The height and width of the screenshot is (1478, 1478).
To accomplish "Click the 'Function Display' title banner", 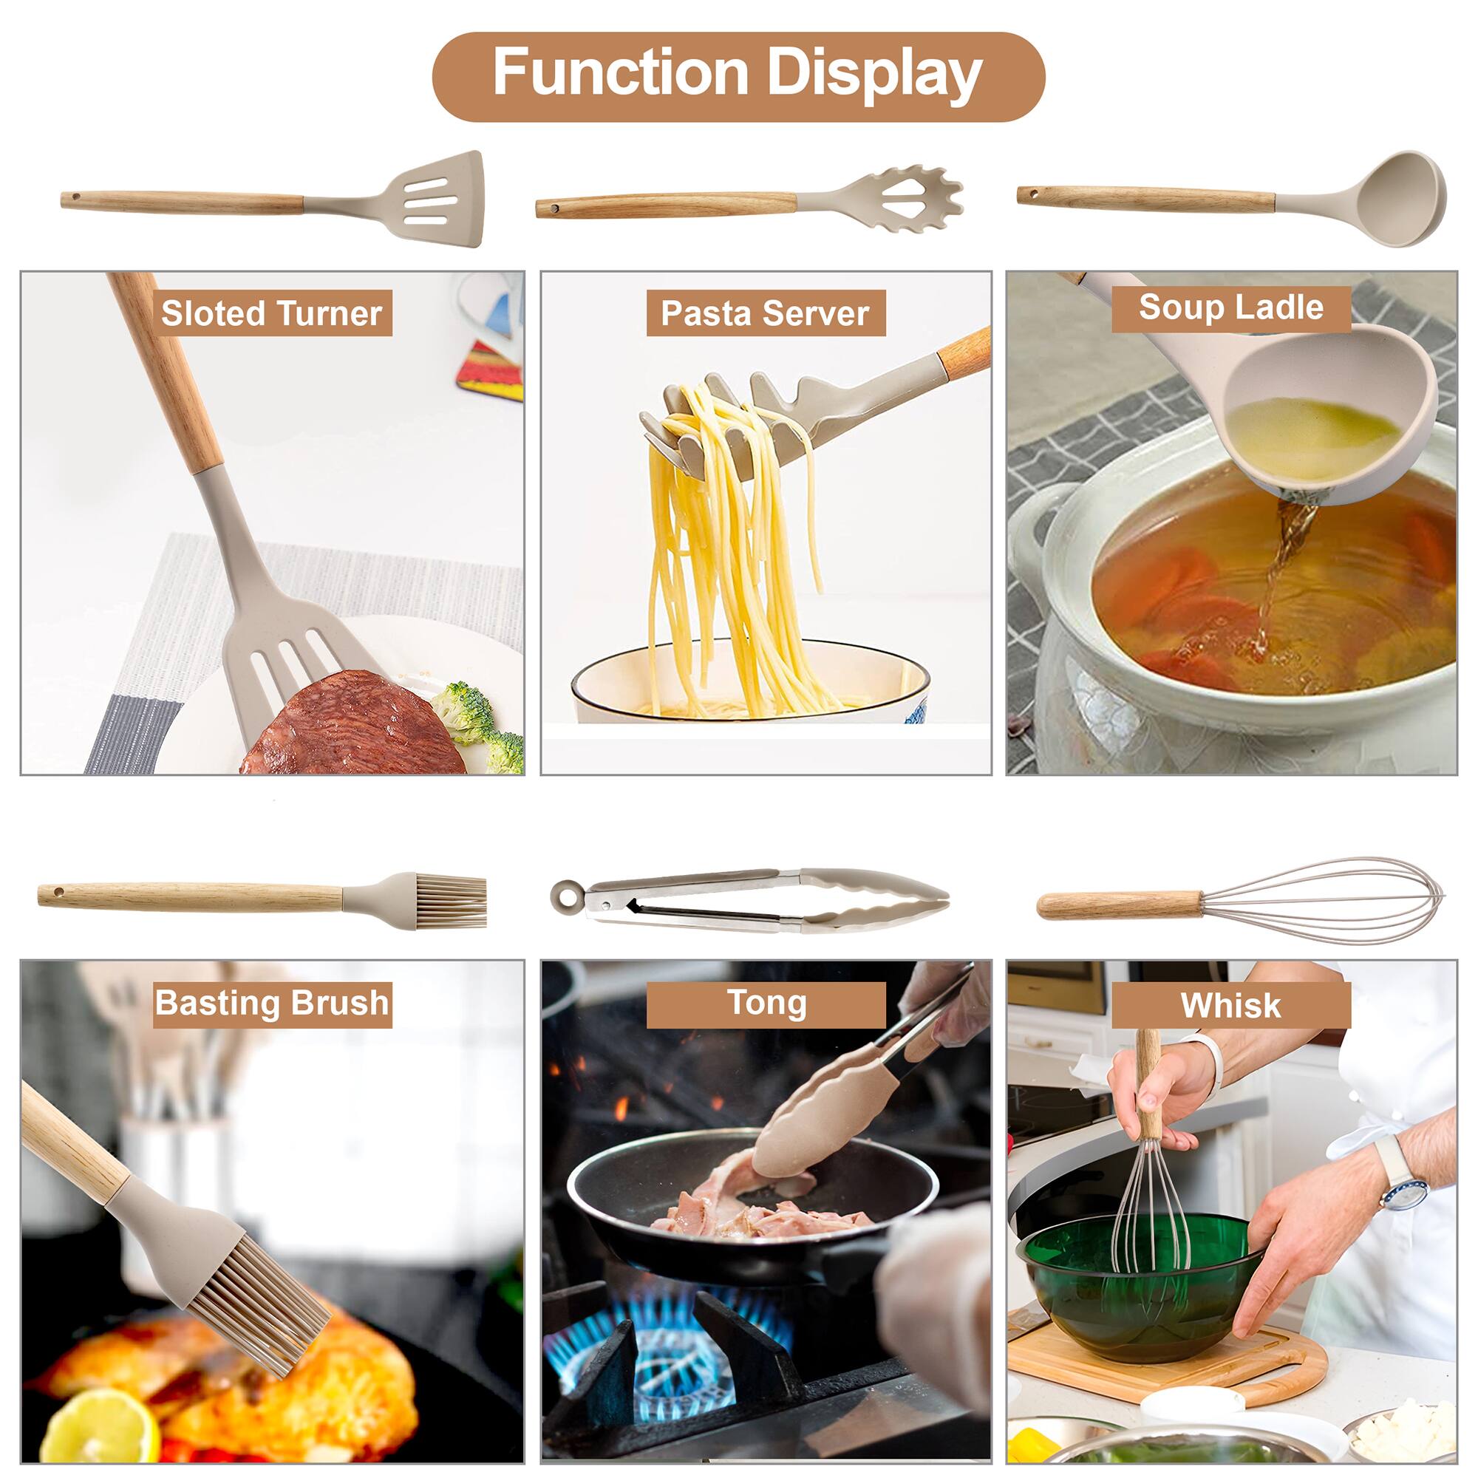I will coord(738,75).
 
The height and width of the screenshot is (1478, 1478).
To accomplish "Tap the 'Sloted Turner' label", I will coord(273,313).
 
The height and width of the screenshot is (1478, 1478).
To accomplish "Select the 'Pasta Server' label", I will coord(766,313).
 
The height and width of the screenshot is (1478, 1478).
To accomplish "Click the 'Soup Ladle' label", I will coord(1231,308).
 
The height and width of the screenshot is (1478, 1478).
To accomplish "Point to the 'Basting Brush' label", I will coord(273,1004).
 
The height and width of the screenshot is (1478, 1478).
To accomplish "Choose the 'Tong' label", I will coord(766,1004).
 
